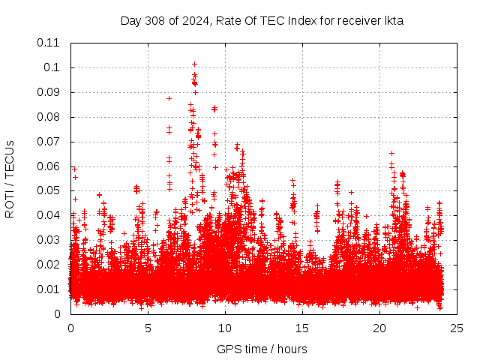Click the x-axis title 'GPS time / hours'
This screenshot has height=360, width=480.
pos(262,349)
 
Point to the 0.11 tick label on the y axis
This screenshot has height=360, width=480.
pos(49,43)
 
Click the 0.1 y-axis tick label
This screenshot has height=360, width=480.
pos(52,67)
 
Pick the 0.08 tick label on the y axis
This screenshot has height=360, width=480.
pos(49,117)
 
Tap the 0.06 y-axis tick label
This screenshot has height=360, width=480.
pos(49,166)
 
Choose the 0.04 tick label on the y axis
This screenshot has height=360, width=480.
pos(49,215)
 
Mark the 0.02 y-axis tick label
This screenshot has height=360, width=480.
pos(49,265)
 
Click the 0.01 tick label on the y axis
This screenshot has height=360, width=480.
pos(49,289)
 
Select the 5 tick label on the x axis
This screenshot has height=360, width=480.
pos(148,328)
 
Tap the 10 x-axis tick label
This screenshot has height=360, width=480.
pos(225,328)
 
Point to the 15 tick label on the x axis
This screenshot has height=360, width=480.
pos(302,328)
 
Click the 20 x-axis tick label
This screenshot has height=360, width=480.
pos(379,328)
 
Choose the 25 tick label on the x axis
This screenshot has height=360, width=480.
pos(457,328)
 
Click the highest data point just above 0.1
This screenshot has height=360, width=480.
pos(194,64)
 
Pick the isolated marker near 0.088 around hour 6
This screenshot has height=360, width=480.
pos(169,98)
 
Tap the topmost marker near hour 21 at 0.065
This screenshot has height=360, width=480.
pos(391,153)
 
